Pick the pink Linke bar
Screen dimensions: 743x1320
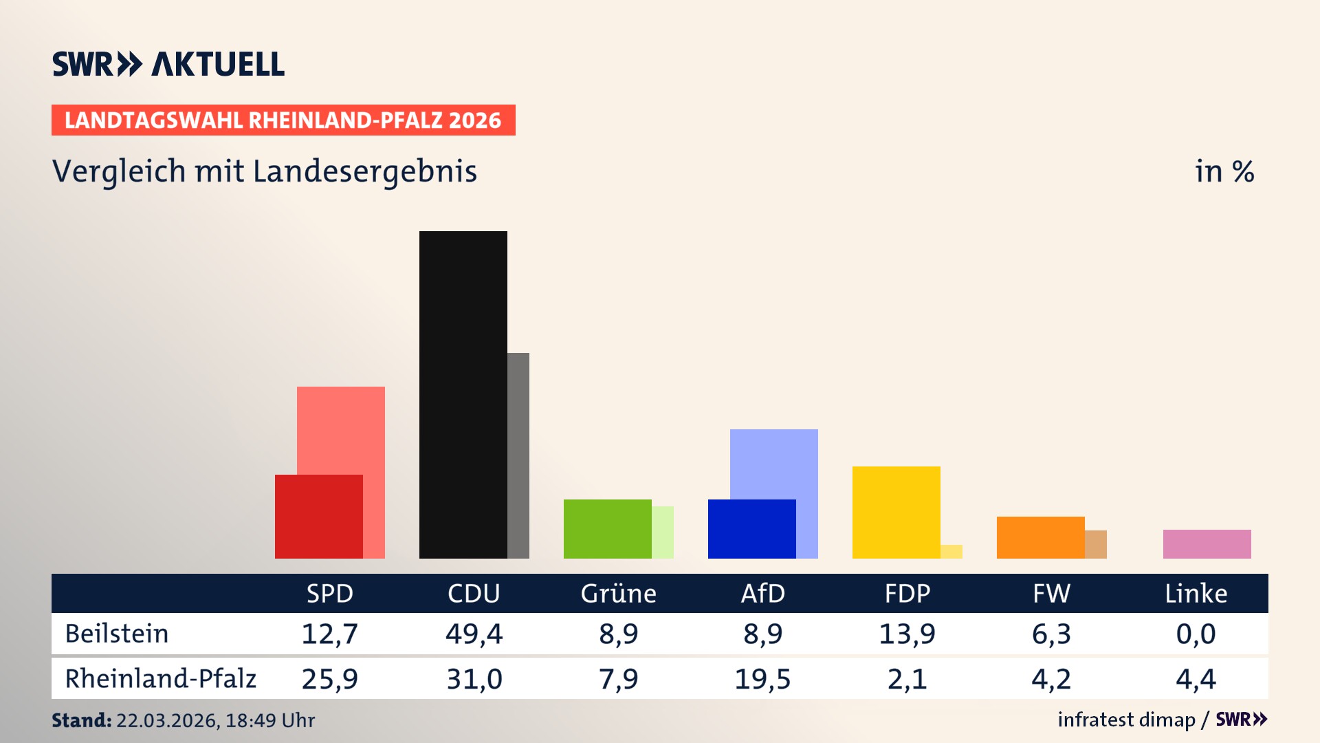[1207, 543]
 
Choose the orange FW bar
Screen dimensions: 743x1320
[1040, 537]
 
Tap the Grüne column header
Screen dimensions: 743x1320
[618, 593]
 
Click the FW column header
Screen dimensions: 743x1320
[1051, 593]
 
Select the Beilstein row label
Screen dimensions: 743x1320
[117, 634]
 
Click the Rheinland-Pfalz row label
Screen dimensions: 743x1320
[160, 679]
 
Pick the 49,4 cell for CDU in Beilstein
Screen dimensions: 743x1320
[474, 634]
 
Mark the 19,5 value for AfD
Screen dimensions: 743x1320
[762, 679]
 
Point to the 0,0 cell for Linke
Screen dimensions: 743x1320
[1196, 634]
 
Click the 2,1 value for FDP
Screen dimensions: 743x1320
[907, 679]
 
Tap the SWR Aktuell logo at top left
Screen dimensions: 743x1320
[168, 64]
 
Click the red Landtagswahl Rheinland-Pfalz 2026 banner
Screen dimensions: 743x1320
[283, 120]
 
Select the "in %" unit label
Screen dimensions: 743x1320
[1224, 171]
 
